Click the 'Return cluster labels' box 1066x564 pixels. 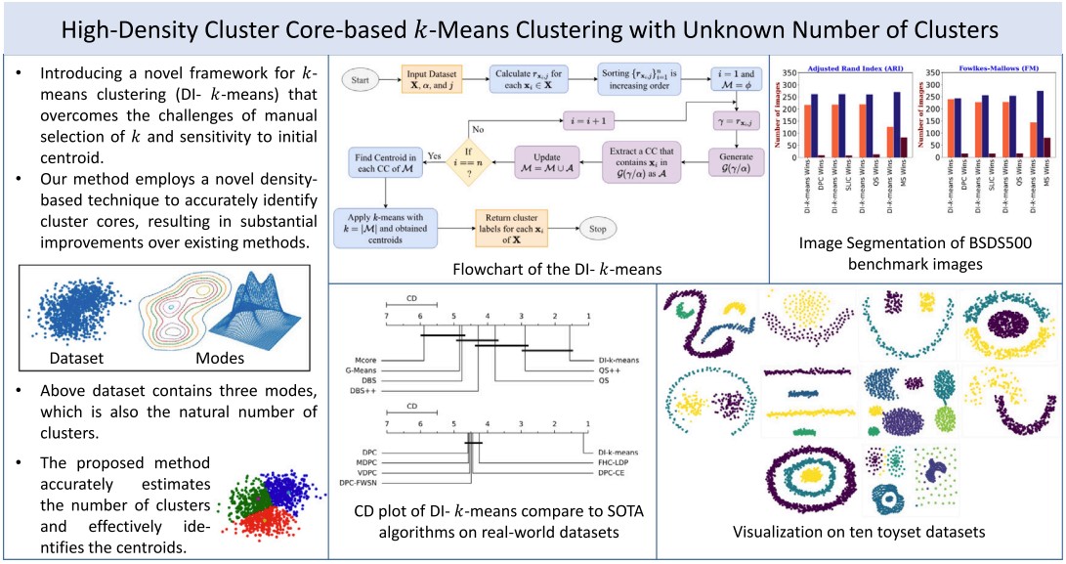click(x=509, y=227)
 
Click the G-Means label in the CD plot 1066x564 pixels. click(x=363, y=370)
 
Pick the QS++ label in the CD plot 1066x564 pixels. click(x=611, y=370)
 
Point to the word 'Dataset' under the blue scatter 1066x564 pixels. click(x=76, y=358)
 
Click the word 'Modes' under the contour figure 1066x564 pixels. click(x=221, y=358)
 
